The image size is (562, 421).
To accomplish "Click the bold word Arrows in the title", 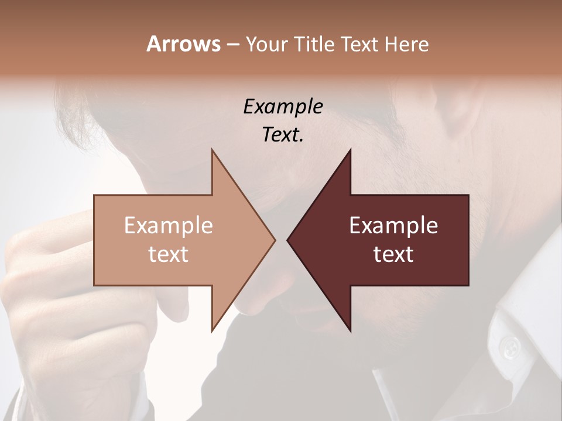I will click(183, 44).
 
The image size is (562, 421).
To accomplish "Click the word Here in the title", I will click(407, 44).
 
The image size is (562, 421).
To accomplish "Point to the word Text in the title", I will click(361, 44).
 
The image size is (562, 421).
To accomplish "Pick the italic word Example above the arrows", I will click(283, 106).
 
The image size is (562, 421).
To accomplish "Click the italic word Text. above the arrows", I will click(283, 134).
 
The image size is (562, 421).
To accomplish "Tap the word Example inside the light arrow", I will click(169, 225).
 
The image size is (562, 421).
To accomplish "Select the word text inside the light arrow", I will click(169, 254).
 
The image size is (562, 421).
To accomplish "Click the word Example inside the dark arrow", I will click(393, 225).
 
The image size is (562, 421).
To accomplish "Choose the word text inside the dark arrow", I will click(393, 254).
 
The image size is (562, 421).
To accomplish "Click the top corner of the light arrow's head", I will click(212, 150).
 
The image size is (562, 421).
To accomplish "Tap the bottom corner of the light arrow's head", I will click(212, 331).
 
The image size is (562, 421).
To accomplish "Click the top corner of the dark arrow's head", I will click(351, 150).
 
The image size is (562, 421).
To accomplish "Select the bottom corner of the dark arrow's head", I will click(351, 331).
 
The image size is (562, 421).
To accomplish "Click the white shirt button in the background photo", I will click(511, 347).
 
